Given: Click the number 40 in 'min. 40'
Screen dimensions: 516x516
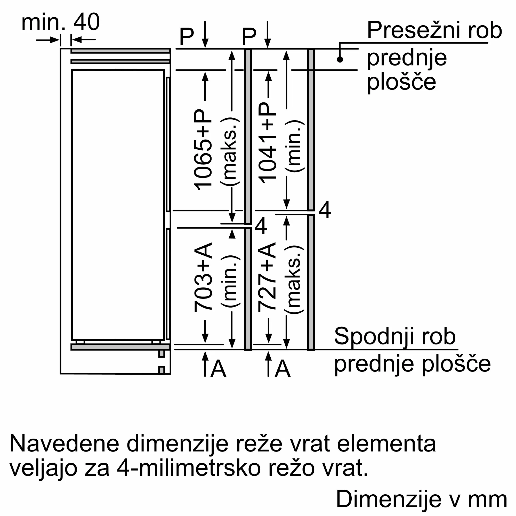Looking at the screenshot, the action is (x=86, y=22).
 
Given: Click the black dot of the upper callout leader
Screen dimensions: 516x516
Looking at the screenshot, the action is (x=340, y=59).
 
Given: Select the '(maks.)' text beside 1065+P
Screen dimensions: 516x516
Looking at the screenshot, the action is (x=230, y=151).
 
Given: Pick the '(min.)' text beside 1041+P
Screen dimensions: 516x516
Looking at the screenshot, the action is (x=295, y=146).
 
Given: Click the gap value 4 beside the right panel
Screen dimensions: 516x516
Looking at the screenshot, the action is (x=325, y=210).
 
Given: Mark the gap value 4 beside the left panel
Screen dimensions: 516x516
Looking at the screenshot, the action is (x=261, y=226).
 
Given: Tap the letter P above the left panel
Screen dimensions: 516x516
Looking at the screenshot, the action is (x=187, y=37).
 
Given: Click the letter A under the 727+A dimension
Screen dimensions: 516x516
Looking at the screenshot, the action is (x=283, y=369).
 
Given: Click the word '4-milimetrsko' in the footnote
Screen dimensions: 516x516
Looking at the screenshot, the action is (x=189, y=468).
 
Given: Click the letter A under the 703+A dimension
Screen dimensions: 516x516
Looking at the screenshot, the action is (x=218, y=369).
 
